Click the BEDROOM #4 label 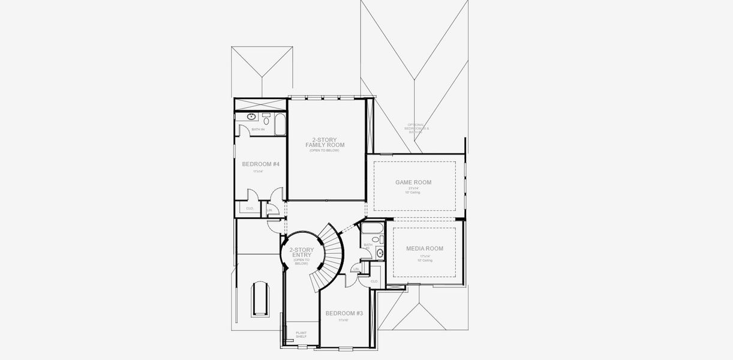click(260, 164)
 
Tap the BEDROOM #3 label click(343, 313)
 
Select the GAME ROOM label click(413, 182)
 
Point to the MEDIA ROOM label click(424, 248)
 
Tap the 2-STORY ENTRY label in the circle click(301, 253)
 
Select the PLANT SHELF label click(301, 334)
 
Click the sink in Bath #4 click(251, 117)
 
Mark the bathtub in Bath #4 click(280, 124)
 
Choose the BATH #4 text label click(258, 130)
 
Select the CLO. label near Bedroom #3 click(374, 281)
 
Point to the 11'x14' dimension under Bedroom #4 click(258, 172)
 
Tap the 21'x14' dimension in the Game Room click(413, 188)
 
